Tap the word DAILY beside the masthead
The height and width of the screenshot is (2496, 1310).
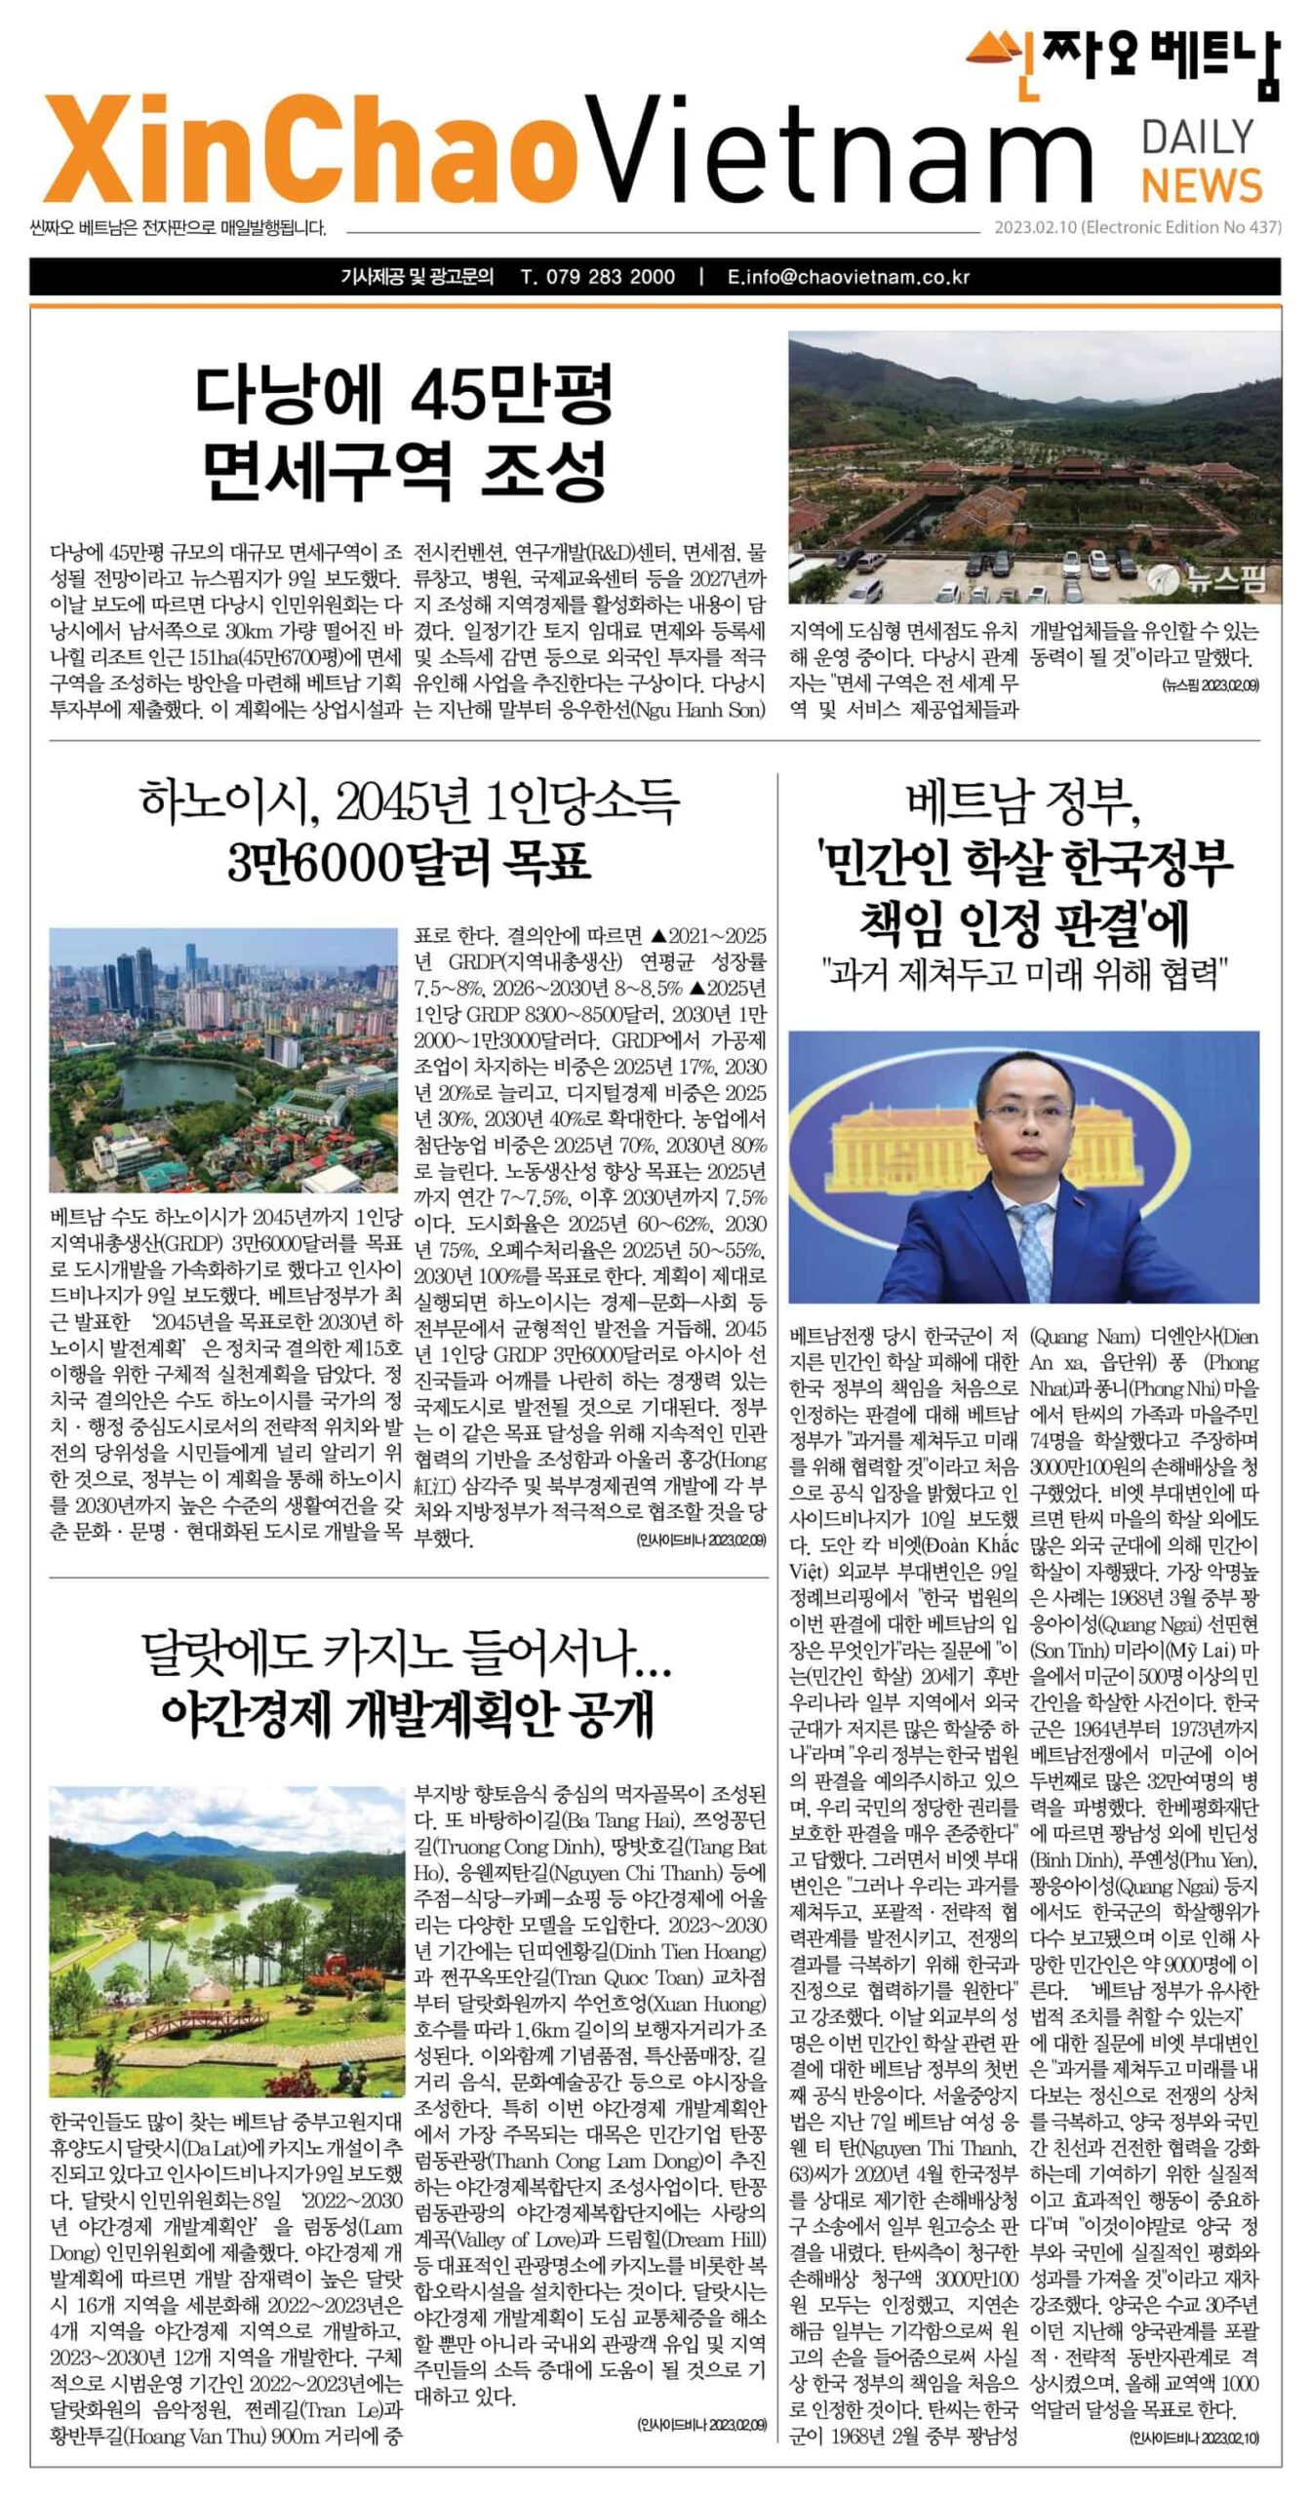pyautogui.click(x=1197, y=137)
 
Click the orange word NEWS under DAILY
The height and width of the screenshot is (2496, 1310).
pyautogui.click(x=1201, y=185)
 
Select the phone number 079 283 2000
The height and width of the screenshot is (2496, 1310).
pyautogui.click(x=598, y=277)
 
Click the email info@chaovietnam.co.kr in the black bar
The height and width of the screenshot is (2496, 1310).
pyautogui.click(x=849, y=277)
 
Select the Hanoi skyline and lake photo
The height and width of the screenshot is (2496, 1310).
pyautogui.click(x=224, y=1060)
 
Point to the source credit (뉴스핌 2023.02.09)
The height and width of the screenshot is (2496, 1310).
pyautogui.click(x=1209, y=685)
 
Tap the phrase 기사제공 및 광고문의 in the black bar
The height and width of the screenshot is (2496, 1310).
pyautogui.click(x=417, y=277)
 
